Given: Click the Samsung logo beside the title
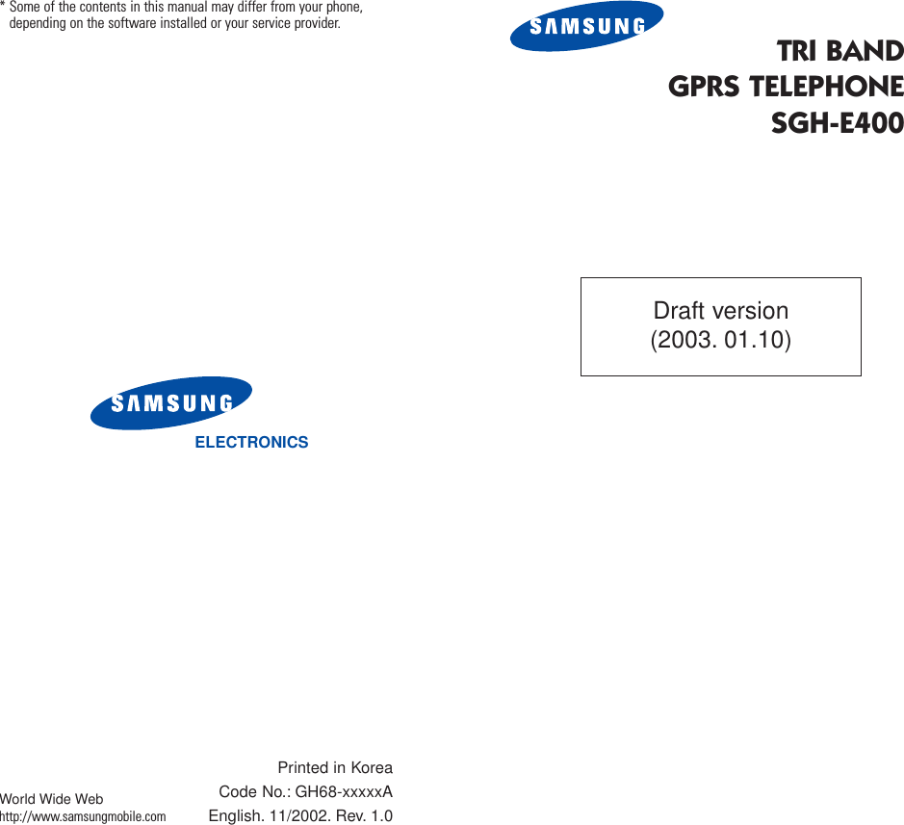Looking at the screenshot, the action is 586,27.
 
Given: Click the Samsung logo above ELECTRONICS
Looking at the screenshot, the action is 171,402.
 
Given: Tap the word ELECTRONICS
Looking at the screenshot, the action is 251,443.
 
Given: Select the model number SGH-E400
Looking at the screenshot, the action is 837,123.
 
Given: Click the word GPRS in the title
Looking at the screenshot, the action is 706,87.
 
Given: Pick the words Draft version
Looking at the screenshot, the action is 720,311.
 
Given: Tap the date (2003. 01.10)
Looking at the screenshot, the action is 720,340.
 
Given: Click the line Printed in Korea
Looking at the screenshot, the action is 335,768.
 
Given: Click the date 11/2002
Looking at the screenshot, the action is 296,816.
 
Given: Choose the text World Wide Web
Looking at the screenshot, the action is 52,800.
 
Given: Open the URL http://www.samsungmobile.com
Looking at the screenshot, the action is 83,817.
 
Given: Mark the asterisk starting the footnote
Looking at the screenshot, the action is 4,8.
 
